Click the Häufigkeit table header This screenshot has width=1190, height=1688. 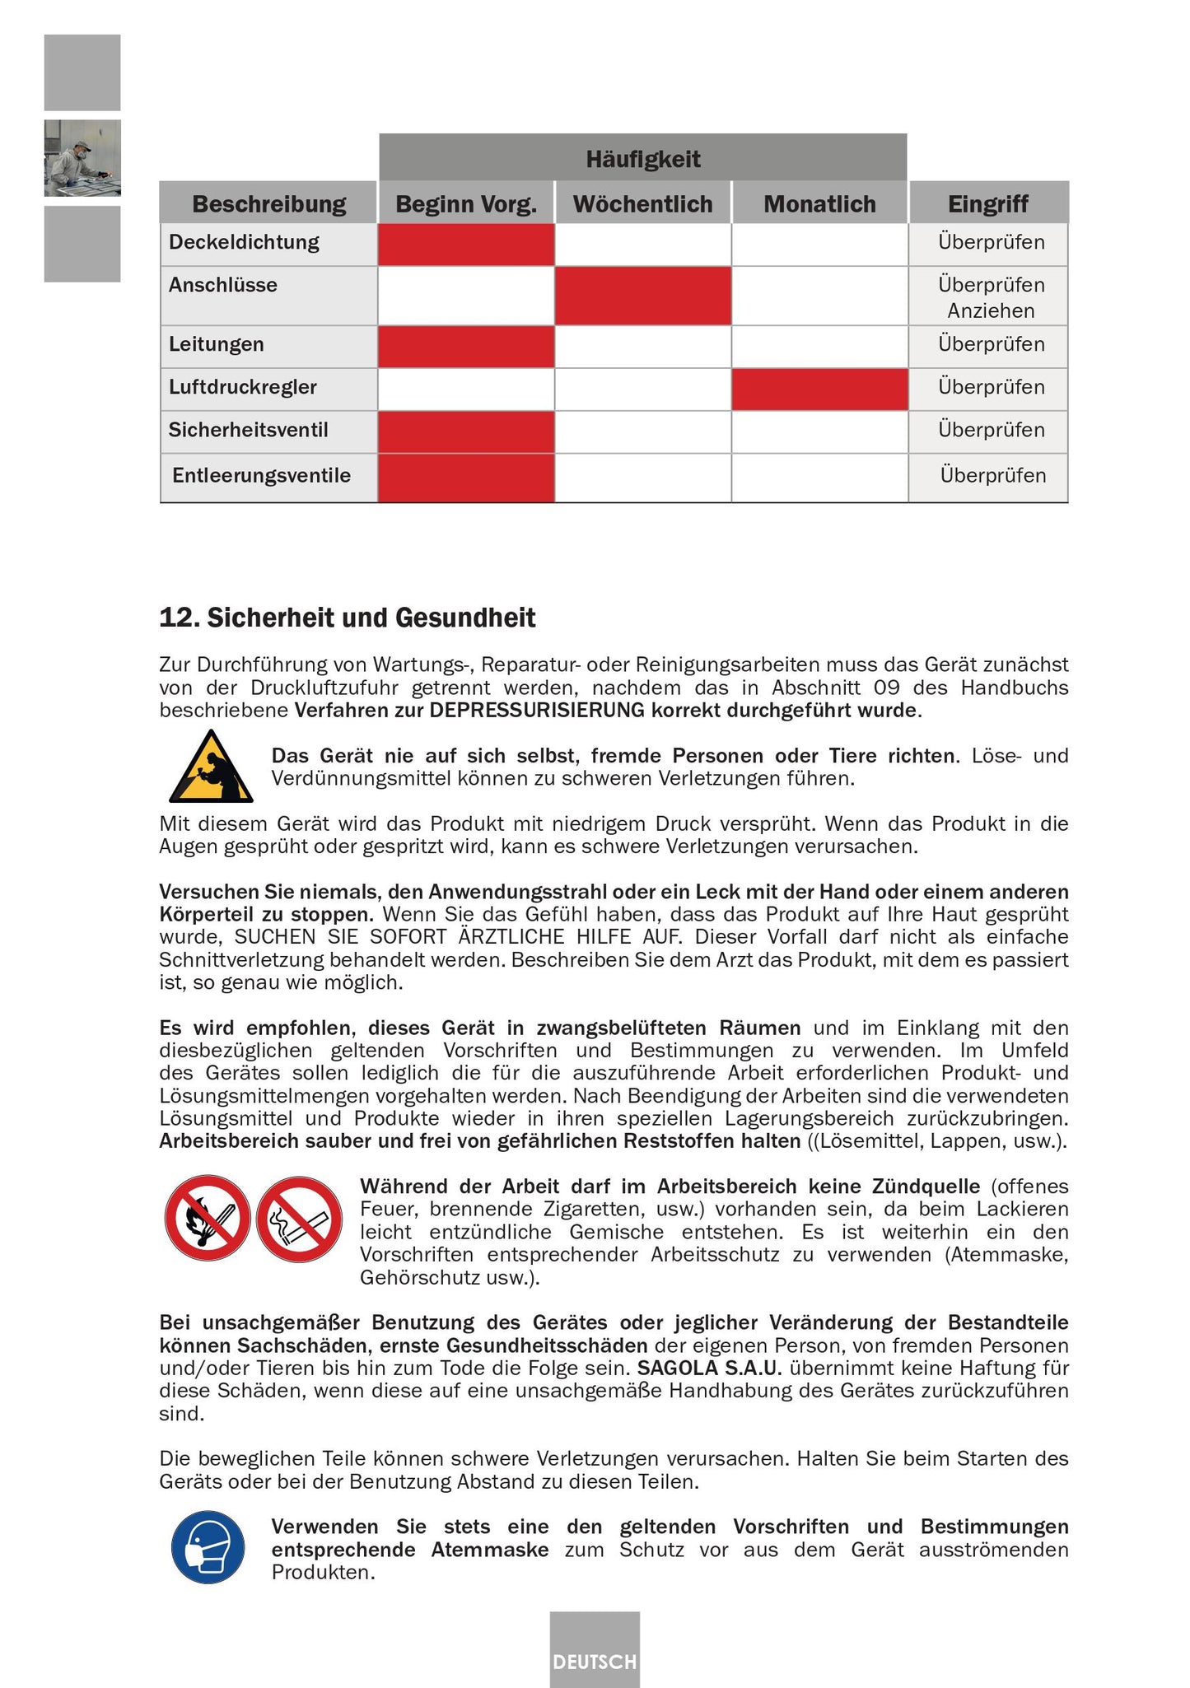click(x=642, y=158)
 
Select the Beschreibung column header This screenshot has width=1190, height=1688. click(x=268, y=203)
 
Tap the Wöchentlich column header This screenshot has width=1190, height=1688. click(x=642, y=203)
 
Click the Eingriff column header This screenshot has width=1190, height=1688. click(x=987, y=203)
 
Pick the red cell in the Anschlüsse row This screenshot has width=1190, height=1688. click(x=642, y=296)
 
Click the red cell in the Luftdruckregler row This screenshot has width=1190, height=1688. click(x=819, y=389)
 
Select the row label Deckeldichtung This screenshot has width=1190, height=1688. click(x=244, y=242)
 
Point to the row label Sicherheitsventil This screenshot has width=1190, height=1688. click(x=248, y=430)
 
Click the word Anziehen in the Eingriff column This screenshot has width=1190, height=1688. click(x=991, y=310)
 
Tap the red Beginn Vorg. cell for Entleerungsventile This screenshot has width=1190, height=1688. click(x=466, y=477)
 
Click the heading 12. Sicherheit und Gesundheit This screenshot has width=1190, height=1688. click(x=347, y=618)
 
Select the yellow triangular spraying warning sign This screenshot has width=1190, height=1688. click(x=211, y=768)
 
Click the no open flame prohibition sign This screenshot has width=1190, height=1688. click(x=208, y=1217)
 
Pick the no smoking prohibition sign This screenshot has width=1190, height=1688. click(x=299, y=1219)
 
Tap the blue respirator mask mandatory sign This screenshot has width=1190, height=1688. click(x=208, y=1547)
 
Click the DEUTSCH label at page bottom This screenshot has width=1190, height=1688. click(x=595, y=1662)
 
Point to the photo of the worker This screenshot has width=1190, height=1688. click(x=82, y=158)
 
